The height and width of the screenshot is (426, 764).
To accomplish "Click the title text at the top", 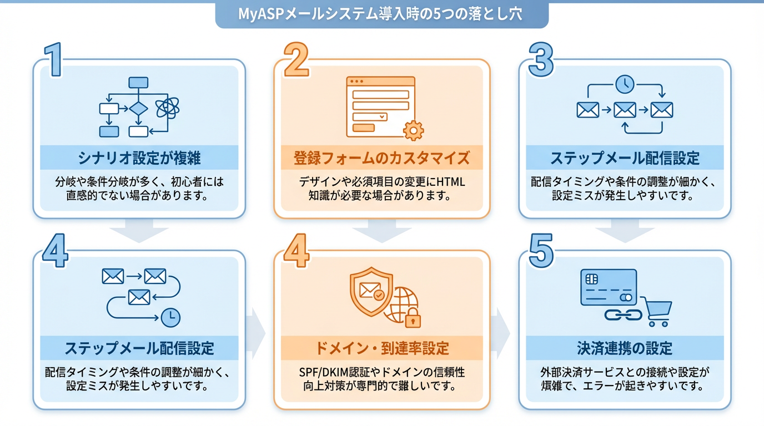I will point(381,14).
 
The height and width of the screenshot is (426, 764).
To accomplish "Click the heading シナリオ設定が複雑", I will point(139,158).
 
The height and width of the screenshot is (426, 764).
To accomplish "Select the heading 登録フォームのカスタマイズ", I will point(381,158).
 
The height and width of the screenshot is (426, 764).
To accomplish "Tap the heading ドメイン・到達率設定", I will point(381,348).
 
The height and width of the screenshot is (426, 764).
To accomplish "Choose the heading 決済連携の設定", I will point(625,348).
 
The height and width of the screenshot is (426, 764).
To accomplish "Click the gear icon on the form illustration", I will point(413,130).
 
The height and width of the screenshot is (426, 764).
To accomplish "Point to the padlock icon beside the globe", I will point(412,318).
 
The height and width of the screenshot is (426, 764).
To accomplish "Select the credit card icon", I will point(608,287).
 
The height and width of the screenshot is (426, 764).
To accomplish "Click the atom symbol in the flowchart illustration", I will point(167,108).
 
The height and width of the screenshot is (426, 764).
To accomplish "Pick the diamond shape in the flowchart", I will point(138,108).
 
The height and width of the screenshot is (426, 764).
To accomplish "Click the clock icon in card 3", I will point(625,84).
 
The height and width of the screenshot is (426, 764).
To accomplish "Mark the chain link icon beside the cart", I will point(622,315).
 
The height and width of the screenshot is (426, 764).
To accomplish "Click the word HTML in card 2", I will point(449,182).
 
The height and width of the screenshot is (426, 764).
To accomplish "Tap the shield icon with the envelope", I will point(370,291).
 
